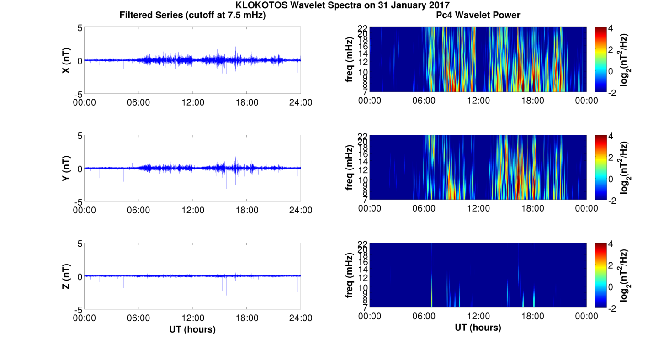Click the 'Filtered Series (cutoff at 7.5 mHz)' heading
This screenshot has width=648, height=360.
point(192,15)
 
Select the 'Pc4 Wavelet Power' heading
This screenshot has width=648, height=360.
point(478,15)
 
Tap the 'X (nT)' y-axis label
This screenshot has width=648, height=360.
point(66,60)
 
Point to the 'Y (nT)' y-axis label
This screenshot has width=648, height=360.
point(66,168)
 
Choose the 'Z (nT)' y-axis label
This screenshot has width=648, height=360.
point(66,276)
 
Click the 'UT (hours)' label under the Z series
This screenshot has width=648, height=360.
point(192,329)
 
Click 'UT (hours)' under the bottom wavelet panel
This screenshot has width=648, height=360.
point(478,328)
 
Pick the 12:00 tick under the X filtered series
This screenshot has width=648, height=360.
point(192,102)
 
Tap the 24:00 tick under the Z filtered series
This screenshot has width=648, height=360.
point(301,318)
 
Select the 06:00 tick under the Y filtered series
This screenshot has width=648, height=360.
point(138,210)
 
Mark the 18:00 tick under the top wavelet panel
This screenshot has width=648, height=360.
point(532,101)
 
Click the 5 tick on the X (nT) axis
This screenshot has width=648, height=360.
point(80,28)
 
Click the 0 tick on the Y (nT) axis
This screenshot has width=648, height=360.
point(80,169)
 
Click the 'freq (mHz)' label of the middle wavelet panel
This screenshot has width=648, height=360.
point(350,168)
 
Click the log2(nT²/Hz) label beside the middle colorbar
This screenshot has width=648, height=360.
point(625,168)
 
